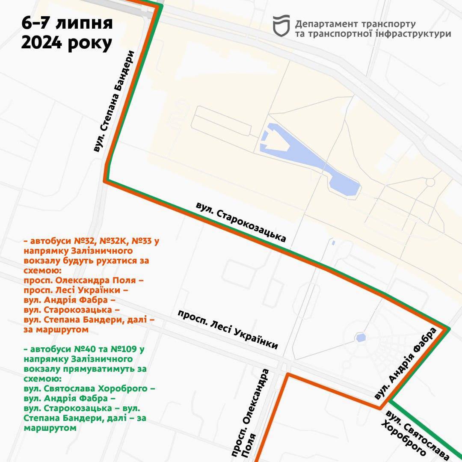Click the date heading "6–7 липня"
68,24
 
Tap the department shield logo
281,26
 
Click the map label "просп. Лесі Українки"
228,330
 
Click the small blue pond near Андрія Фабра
361,338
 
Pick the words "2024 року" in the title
67,43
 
